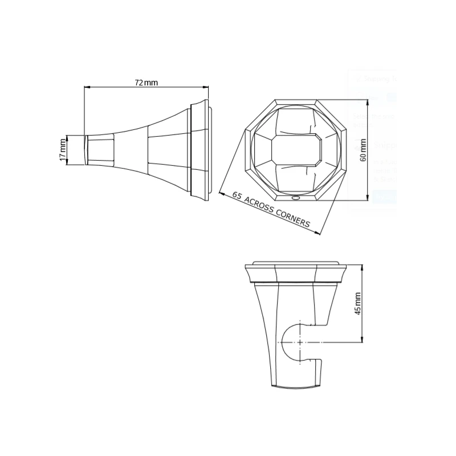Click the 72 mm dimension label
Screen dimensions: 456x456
coord(146,83)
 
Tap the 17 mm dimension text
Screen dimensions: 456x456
coord(63,150)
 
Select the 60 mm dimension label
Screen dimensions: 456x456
coord(363,150)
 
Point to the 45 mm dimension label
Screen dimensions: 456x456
coord(358,303)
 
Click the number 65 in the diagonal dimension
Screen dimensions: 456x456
coord(237,196)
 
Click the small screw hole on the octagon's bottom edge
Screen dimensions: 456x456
coord(295,198)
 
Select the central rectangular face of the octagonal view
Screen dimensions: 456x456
coord(296,150)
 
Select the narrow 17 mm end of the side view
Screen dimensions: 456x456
coord(87,150)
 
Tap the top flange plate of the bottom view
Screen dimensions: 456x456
coord(296,266)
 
